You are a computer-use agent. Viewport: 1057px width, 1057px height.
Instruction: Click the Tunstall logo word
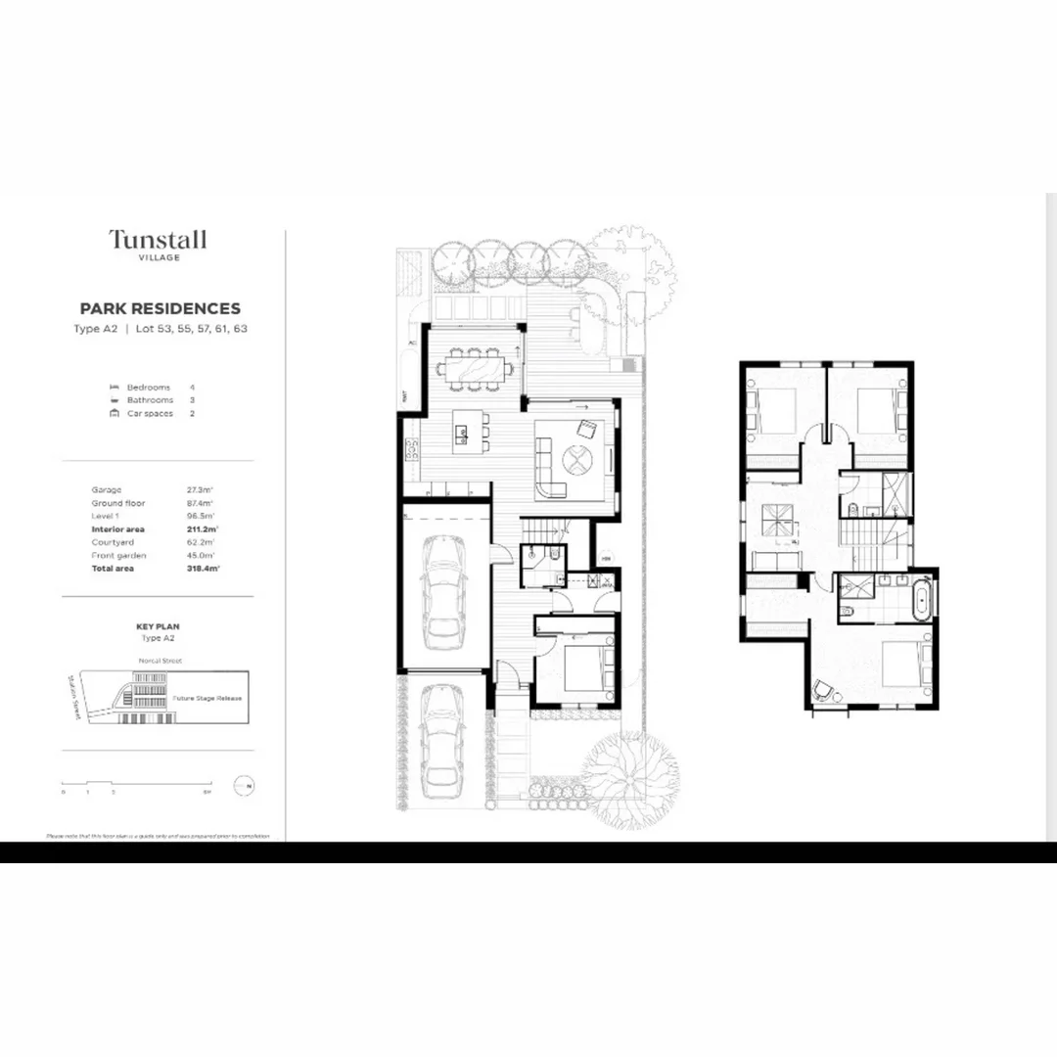[x=158, y=239]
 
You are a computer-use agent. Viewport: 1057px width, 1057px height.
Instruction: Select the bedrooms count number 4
[x=192, y=388]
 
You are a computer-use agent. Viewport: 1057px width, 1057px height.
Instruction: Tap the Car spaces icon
[x=115, y=413]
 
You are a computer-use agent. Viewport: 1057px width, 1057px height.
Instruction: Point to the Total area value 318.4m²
[x=201, y=569]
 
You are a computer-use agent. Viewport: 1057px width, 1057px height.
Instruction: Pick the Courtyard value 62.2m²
[x=201, y=542]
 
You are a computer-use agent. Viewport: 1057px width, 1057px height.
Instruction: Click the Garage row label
[x=107, y=489]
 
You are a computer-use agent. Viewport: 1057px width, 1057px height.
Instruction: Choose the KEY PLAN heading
[x=158, y=625]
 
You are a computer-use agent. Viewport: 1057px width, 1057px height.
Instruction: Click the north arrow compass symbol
[x=244, y=785]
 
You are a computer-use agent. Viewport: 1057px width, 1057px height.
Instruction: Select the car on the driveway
[x=442, y=740]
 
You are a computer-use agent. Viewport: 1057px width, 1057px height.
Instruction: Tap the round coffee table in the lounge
[x=574, y=458]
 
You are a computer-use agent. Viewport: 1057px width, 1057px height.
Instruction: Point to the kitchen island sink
[x=458, y=431]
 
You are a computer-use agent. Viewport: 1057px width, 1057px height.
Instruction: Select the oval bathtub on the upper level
[x=922, y=599]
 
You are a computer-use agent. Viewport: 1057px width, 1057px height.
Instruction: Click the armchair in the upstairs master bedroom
[x=825, y=690]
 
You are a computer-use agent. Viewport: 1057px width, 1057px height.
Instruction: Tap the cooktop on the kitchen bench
[x=412, y=449]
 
